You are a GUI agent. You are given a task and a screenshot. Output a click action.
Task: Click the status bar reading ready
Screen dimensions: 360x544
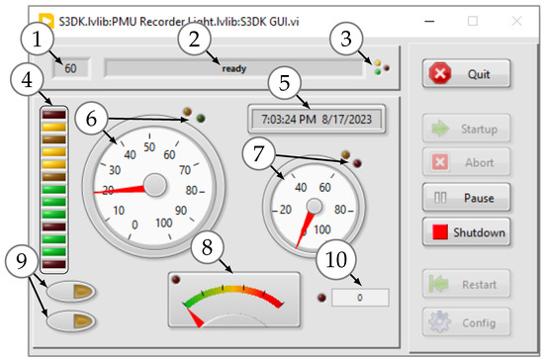[233, 68]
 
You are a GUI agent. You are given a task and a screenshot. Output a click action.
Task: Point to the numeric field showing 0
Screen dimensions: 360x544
[360, 297]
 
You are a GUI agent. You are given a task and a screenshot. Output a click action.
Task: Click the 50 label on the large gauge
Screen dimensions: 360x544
[150, 147]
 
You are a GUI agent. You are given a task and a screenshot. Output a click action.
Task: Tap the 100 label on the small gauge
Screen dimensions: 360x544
[320, 229]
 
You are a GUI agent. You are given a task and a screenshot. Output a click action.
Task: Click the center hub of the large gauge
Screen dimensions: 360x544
[155, 184]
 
